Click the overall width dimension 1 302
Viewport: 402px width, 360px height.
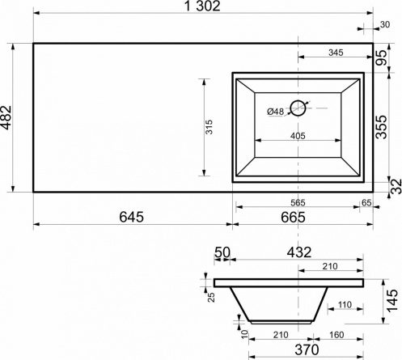[202, 6]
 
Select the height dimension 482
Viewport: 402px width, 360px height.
[6, 117]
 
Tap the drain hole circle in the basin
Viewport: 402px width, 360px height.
[298, 108]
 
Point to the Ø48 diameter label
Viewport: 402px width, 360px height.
[276, 112]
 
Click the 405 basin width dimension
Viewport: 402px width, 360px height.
[298, 136]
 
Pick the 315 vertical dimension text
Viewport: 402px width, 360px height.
[209, 127]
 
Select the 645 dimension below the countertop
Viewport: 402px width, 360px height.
[132, 217]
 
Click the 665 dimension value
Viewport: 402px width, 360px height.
[293, 217]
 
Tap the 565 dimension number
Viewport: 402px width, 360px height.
[298, 202]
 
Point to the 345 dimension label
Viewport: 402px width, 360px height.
[336, 53]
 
